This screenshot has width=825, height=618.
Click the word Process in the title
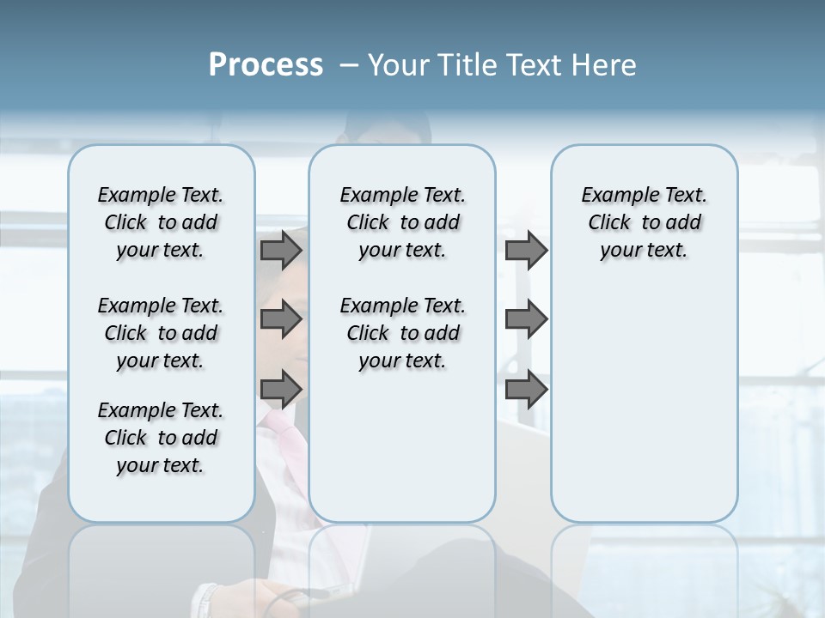pyautogui.click(x=266, y=65)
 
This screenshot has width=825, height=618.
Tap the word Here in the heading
pyautogui.click(x=602, y=65)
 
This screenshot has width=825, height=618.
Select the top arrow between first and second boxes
pyautogui.click(x=280, y=251)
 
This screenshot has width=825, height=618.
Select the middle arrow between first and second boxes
pyautogui.click(x=280, y=319)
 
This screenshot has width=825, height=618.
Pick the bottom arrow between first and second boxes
pyautogui.click(x=280, y=390)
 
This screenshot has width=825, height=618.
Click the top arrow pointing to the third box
pyautogui.click(x=526, y=251)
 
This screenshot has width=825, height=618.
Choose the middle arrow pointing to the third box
pyautogui.click(x=526, y=319)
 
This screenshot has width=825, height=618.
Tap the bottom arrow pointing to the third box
pyautogui.click(x=526, y=390)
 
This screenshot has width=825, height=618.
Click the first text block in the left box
pyautogui.click(x=161, y=222)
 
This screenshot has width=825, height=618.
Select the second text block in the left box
pyautogui.click(x=161, y=333)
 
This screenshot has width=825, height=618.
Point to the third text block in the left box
pyautogui.click(x=161, y=438)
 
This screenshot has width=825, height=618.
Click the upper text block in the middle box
pyautogui.click(x=402, y=222)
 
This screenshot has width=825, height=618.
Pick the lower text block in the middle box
pyautogui.click(x=402, y=333)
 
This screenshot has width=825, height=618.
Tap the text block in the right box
pyautogui.click(x=644, y=222)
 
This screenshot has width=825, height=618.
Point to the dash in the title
pyautogui.click(x=349, y=66)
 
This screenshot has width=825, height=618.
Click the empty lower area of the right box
pyautogui.click(x=644, y=403)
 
